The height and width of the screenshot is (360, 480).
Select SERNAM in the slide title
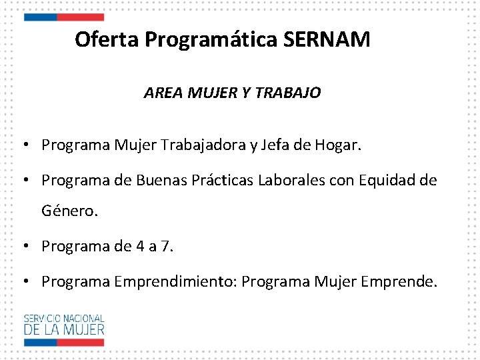327,40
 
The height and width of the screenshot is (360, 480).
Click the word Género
69,211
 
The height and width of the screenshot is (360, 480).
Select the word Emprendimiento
175,282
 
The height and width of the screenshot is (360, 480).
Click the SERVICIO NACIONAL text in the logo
64,318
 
